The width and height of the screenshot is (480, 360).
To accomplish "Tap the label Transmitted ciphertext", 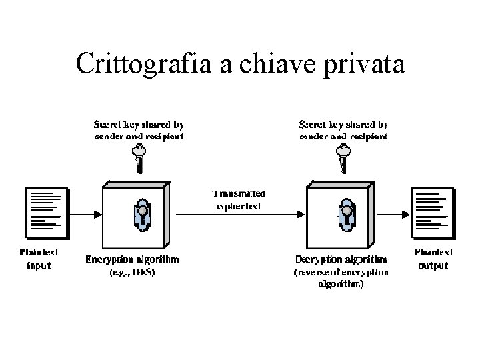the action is click(x=238, y=200).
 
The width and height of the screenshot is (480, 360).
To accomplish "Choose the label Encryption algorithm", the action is click(x=132, y=259).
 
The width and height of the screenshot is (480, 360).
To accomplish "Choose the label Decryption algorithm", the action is click(x=341, y=259).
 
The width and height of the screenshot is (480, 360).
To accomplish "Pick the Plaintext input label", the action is click(x=39, y=259).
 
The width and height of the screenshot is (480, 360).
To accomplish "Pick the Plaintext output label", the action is click(x=434, y=259).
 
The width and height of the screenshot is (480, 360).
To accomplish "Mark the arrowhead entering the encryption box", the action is click(x=97, y=214).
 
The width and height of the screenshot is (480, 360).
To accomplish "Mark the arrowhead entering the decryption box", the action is click(x=301, y=214).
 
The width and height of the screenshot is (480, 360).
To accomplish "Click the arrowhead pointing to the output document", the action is click(x=406, y=214).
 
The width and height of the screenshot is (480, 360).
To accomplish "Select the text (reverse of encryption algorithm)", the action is click(x=340, y=278).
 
